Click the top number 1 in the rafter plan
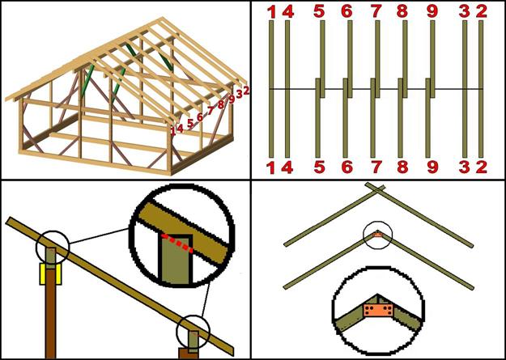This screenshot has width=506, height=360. click(270, 11)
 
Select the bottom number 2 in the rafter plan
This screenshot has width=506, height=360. click(481, 167)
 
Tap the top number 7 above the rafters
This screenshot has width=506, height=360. click(376, 11)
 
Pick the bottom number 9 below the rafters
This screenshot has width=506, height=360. click(432, 167)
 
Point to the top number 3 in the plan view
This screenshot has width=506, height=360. click(465, 11)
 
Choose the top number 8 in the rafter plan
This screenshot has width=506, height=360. click(403, 11)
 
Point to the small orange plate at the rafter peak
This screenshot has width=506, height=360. click(377, 235)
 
